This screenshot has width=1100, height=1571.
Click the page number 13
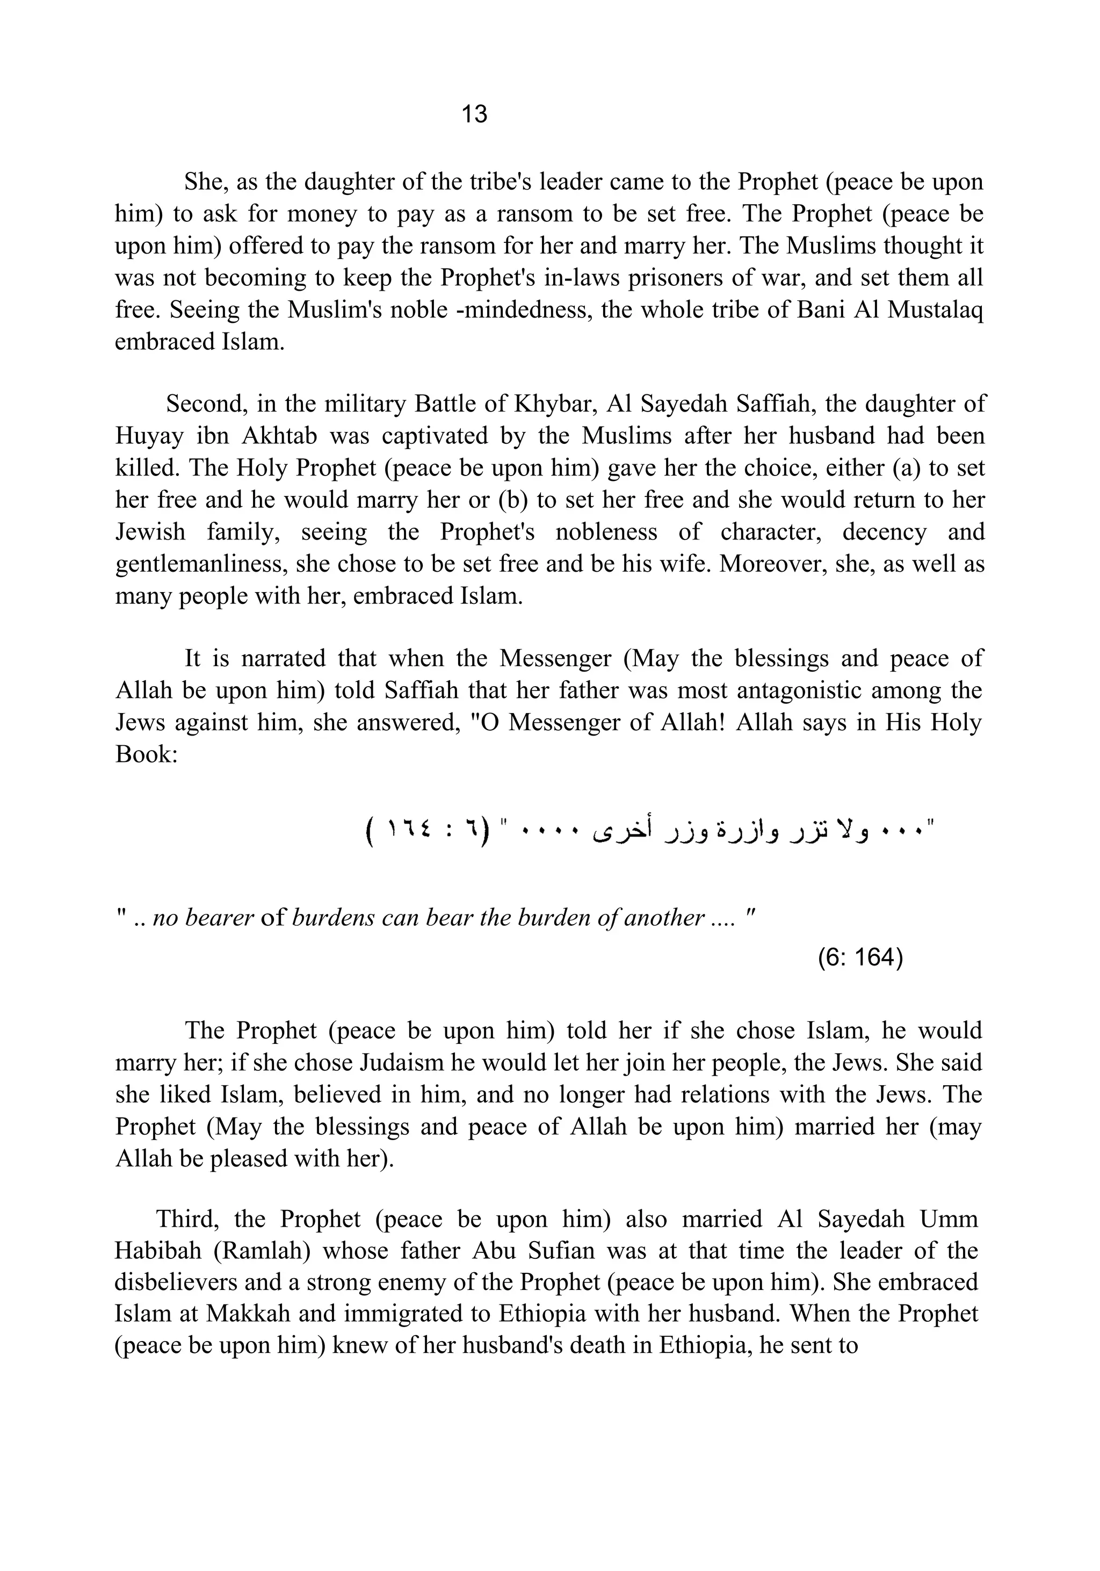474,113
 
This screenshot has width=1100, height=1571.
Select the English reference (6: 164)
860,957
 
